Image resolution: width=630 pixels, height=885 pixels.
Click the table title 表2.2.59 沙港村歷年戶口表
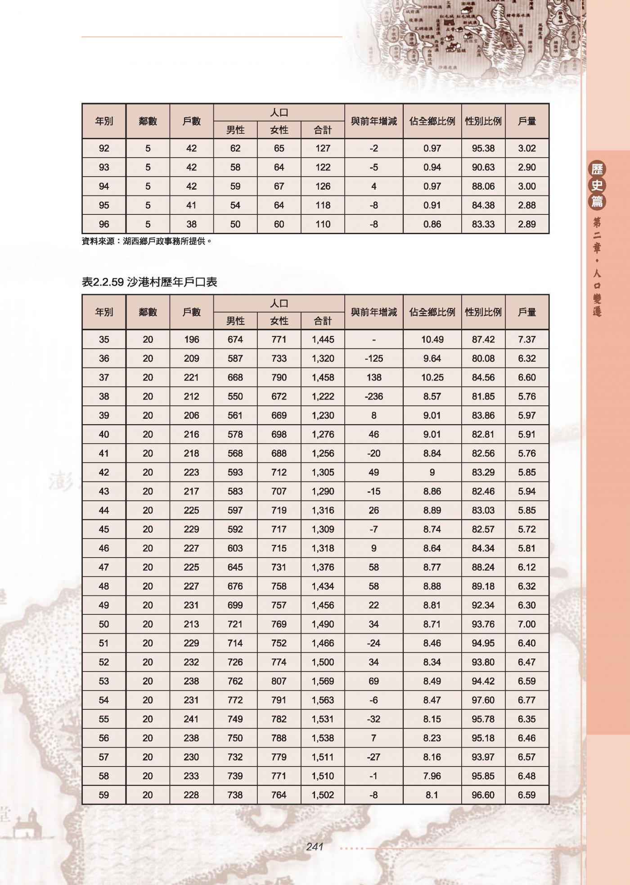click(x=149, y=282)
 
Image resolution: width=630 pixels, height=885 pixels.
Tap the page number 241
click(x=315, y=847)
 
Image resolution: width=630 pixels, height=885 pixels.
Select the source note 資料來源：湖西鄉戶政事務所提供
click(x=146, y=241)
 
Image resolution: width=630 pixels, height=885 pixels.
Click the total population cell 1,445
click(x=323, y=340)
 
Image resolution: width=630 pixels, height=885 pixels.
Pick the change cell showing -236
click(x=373, y=396)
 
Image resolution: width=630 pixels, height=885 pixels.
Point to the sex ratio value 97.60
click(x=483, y=700)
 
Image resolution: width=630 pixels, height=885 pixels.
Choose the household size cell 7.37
click(x=526, y=340)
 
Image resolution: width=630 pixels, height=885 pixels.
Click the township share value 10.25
click(x=432, y=377)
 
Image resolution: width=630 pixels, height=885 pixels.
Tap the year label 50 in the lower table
click(x=104, y=624)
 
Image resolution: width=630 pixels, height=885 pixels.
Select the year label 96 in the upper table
click(x=104, y=224)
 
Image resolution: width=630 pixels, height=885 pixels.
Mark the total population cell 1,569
click(x=323, y=681)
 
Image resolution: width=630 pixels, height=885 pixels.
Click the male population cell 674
click(x=235, y=340)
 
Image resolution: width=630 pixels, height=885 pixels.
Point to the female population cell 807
click(x=279, y=681)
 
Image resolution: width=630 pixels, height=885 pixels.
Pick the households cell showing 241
click(x=191, y=719)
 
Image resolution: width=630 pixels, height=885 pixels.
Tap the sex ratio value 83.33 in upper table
click(x=483, y=224)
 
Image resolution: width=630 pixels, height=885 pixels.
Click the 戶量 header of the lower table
click(x=526, y=312)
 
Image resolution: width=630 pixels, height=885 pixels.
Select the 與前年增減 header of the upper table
click(x=373, y=121)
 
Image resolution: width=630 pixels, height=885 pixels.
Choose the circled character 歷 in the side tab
click(x=597, y=170)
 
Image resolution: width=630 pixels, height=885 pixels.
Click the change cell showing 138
click(x=373, y=377)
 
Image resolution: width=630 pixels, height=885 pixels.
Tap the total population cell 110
click(x=323, y=224)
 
